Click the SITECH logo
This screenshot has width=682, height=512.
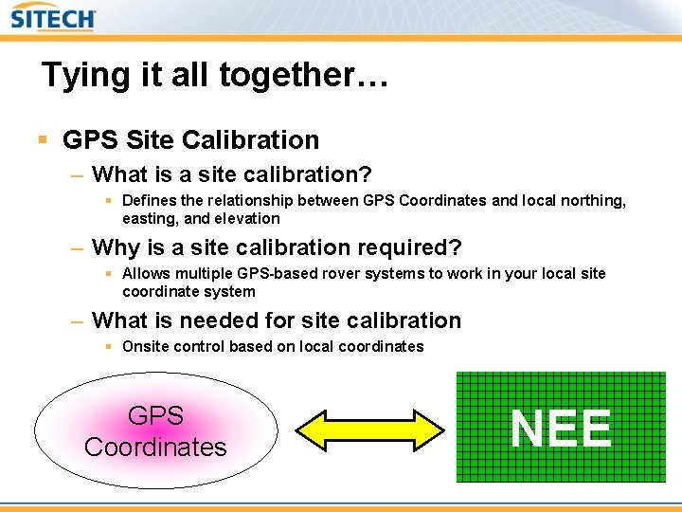click(53, 19)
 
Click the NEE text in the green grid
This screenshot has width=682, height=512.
click(561, 429)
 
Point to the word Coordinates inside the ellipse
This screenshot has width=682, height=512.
click(155, 447)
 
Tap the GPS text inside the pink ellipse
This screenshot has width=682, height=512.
click(155, 415)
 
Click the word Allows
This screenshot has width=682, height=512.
click(145, 273)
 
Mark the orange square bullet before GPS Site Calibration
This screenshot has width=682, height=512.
click(43, 140)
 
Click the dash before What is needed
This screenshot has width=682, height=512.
click(78, 321)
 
